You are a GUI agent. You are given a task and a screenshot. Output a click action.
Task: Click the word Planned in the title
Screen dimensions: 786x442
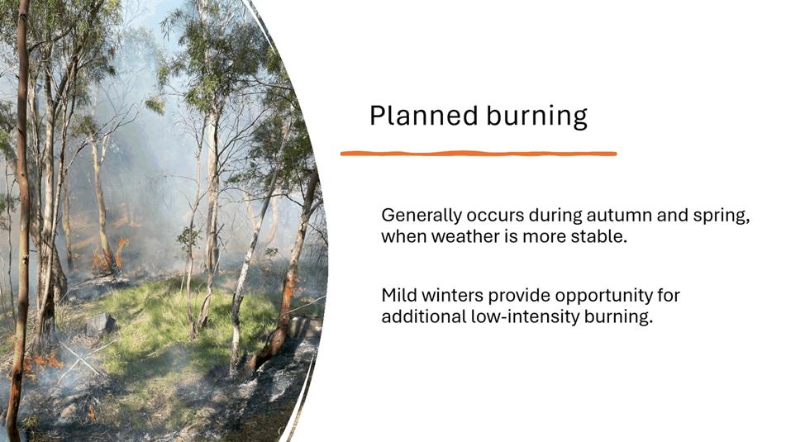(x=423, y=116)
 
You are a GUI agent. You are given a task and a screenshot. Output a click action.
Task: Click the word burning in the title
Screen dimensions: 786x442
(x=536, y=116)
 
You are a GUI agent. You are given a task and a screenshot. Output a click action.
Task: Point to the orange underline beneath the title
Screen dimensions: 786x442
(x=479, y=154)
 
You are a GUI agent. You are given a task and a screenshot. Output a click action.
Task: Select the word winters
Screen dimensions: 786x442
(x=452, y=295)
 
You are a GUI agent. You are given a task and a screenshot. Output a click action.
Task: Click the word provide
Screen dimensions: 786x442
(x=519, y=296)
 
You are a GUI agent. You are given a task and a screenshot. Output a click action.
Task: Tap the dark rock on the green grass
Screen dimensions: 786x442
(x=101, y=324)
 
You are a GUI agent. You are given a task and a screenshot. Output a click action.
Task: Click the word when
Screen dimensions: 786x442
(x=404, y=236)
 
